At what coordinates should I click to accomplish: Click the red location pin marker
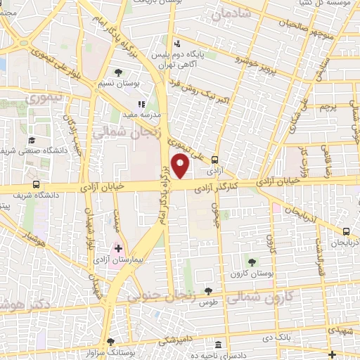[181, 167]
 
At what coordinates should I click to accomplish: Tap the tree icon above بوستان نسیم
[117, 72]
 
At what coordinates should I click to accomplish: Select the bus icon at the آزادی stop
[215, 160]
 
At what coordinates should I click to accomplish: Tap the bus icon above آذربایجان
[346, 231]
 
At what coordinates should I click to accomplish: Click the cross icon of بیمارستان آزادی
[117, 247]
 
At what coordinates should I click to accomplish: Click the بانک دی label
[274, 337]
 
